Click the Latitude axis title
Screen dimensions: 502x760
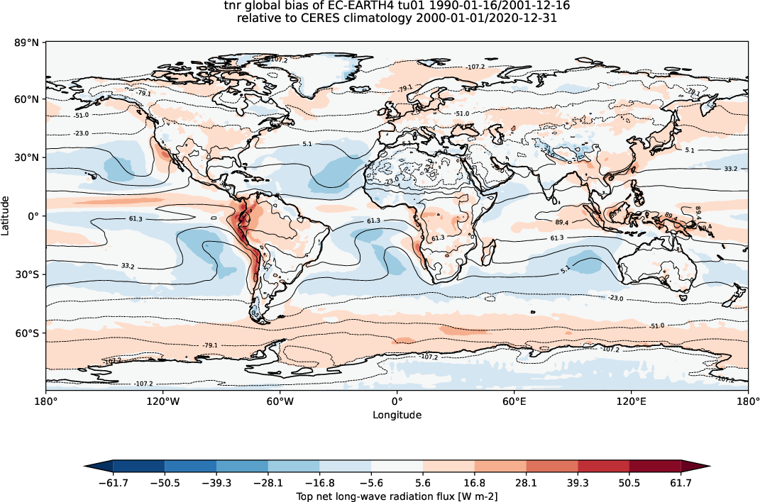(6, 216)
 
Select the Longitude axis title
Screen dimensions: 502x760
(397, 415)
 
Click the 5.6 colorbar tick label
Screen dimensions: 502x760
(423, 483)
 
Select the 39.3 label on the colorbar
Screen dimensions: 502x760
(578, 483)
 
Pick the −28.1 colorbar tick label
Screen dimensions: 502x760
(268, 483)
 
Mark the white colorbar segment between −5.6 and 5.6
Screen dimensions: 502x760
(397, 465)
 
